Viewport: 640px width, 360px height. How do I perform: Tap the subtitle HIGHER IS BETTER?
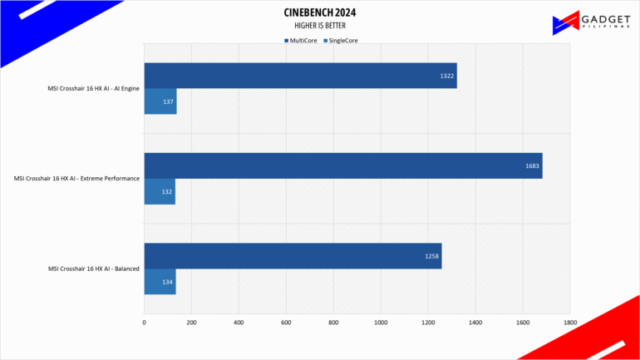coord(320,26)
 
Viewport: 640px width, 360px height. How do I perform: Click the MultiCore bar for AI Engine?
coord(300,76)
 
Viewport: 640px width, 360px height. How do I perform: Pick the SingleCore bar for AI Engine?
coord(160,101)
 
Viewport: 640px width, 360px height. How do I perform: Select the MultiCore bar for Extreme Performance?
coord(342,165)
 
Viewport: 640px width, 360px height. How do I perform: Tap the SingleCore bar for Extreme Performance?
coord(160,191)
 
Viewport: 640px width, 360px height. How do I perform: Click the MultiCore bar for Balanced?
coord(293,256)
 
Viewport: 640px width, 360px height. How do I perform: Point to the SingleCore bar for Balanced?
coord(160,282)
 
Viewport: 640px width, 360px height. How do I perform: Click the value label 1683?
coord(531,166)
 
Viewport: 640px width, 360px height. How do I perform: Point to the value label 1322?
coord(446,76)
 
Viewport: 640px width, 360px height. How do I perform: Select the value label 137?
coord(168,102)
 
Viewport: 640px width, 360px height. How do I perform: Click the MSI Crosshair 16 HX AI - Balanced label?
coord(94,269)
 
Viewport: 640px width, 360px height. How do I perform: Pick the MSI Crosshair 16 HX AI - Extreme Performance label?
coord(76,179)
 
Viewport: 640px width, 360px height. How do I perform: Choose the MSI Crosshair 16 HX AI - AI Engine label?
coord(93,88)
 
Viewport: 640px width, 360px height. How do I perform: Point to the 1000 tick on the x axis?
coord(381,322)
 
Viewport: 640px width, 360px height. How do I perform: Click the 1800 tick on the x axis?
coord(569,322)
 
